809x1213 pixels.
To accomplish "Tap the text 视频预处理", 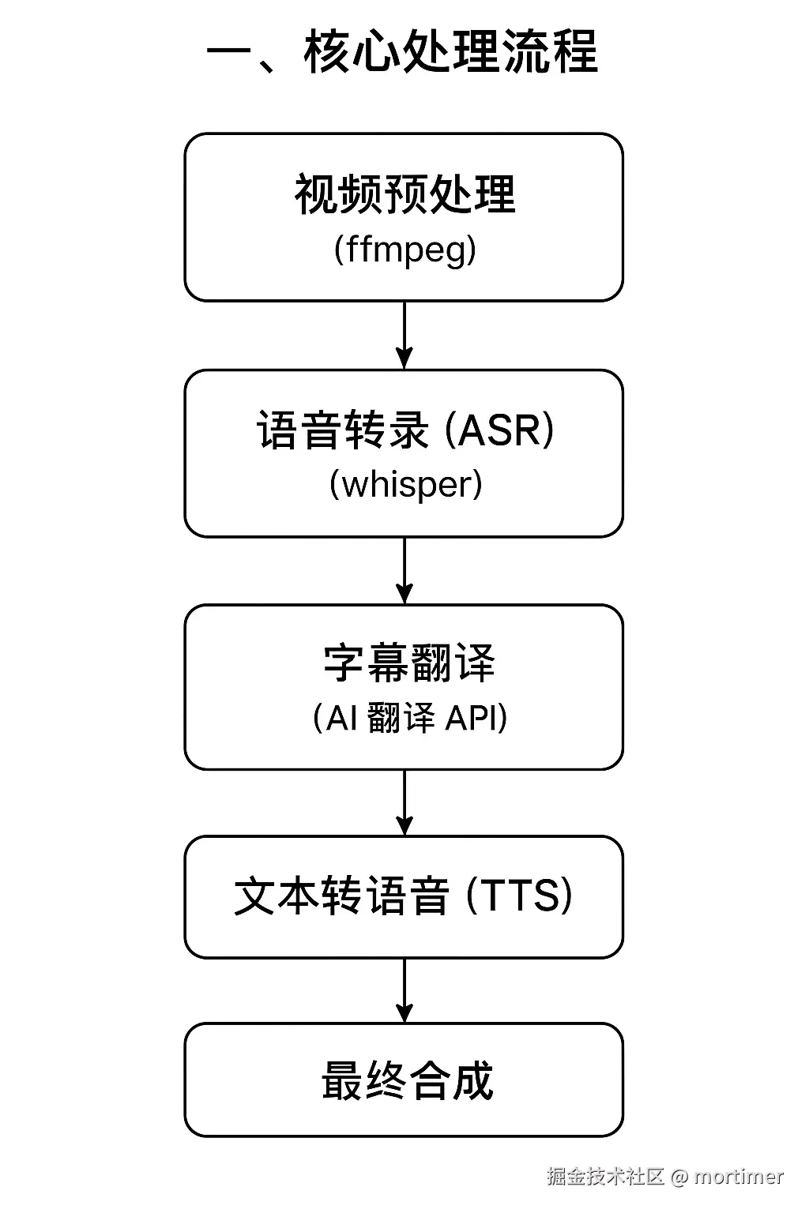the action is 404,194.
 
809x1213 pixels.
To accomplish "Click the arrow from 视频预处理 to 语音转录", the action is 404,335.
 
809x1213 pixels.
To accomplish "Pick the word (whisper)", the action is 404,484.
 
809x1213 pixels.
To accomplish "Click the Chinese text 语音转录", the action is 342,430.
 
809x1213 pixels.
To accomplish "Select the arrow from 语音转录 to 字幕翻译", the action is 404,570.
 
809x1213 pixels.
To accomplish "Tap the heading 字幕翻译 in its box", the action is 408,663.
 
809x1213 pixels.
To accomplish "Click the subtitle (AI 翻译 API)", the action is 410,718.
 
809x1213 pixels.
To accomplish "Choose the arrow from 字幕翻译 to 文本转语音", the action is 404,802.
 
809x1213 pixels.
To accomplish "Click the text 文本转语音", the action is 341,896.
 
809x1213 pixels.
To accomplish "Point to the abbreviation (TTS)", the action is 519,896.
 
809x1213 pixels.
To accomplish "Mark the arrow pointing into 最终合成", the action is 404,990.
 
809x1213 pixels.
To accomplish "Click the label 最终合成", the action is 407,1081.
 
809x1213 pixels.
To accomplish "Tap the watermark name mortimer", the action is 739,1177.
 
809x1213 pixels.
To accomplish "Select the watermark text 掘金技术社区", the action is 605,1177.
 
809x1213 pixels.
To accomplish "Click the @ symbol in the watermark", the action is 679,1177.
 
